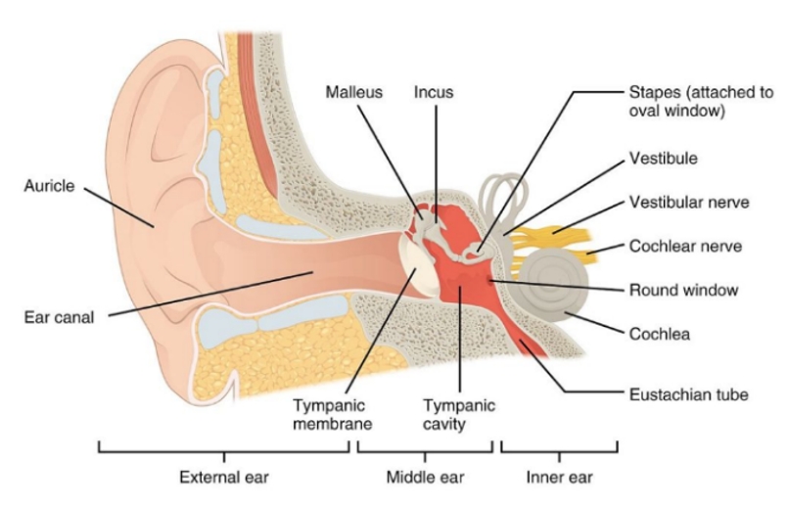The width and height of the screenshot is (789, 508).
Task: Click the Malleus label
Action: point(353,92)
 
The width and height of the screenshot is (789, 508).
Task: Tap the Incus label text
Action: point(434,92)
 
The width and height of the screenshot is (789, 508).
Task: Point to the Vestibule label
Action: point(664,159)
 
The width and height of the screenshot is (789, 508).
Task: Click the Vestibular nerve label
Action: point(689,203)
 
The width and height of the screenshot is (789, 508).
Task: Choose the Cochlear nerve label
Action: point(686,246)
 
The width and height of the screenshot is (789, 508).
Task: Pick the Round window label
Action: point(684,290)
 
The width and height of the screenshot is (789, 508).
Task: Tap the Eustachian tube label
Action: point(689,394)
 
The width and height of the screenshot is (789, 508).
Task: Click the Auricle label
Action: point(49,186)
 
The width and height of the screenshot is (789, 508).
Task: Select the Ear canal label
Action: point(59,317)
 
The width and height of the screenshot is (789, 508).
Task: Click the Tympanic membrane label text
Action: point(332,414)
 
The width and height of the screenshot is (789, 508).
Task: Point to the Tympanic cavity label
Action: point(458,414)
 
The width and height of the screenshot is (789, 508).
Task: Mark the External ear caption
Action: point(224,477)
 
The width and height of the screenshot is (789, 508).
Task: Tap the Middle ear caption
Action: point(425,477)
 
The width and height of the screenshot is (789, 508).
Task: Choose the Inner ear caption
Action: point(559,477)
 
